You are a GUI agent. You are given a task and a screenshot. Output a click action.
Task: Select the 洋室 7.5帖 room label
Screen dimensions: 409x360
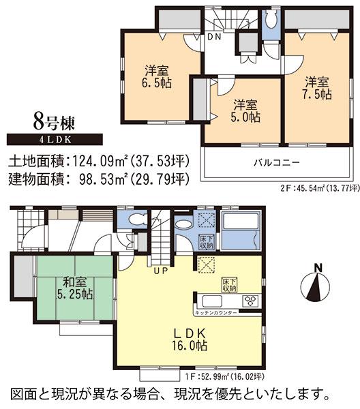coord(317,86)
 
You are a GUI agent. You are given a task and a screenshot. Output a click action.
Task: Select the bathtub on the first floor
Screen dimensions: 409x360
coord(242,232)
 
